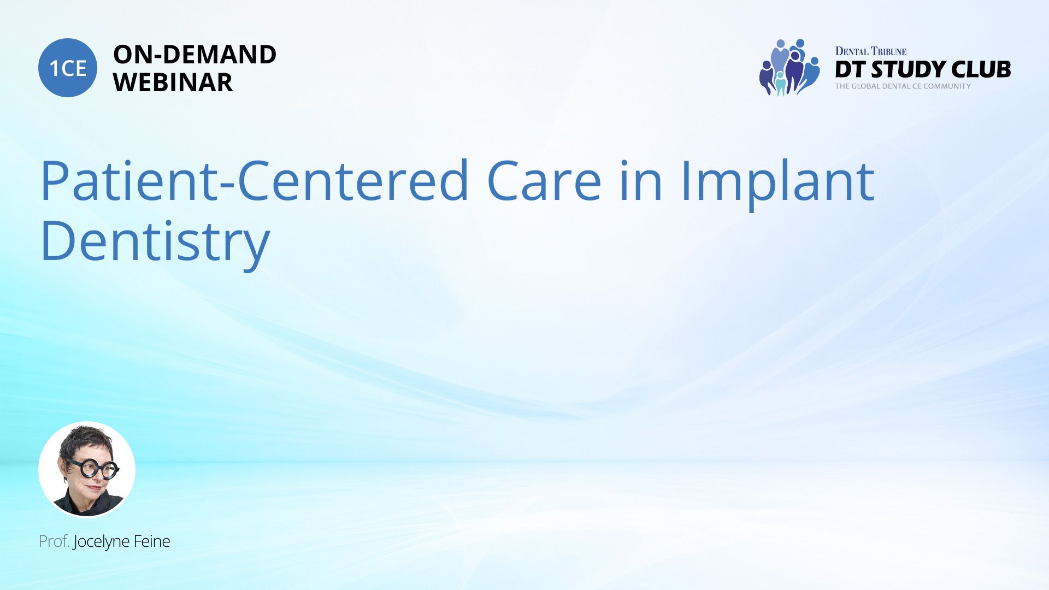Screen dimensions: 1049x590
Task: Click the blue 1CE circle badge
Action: coord(68,68)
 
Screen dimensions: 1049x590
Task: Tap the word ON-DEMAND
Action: coord(195,54)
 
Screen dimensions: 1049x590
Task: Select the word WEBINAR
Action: coord(173,82)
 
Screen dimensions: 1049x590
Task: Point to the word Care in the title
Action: coord(544,181)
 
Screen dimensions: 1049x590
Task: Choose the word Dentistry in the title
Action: coord(155,241)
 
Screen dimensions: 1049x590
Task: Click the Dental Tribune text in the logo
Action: coord(871,51)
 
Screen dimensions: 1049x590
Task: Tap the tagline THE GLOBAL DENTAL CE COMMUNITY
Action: coord(903,86)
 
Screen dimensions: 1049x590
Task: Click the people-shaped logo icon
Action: coord(789,67)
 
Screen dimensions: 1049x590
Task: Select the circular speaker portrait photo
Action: coord(87,469)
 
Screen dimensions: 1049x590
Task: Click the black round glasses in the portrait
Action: coord(93,469)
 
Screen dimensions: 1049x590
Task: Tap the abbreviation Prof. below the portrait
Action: coord(54,541)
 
